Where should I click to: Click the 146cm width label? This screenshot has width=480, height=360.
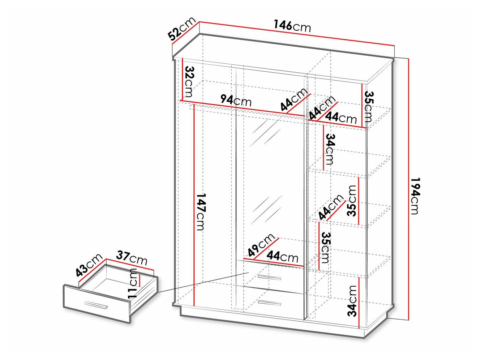click(x=292, y=26)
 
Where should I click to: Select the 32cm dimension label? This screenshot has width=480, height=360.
click(x=189, y=82)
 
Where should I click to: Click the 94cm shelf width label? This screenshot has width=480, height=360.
click(x=236, y=100)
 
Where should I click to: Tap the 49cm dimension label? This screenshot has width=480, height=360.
click(x=261, y=245)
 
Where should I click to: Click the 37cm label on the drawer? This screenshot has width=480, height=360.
click(x=132, y=258)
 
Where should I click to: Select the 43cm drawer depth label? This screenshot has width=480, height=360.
click(x=89, y=265)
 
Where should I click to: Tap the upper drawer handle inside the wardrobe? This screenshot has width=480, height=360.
click(x=269, y=278)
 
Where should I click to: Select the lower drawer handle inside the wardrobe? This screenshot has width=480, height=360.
click(x=269, y=303)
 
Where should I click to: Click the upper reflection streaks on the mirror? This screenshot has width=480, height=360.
click(x=265, y=133)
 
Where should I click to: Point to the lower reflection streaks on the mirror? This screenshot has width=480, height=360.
click(x=267, y=210)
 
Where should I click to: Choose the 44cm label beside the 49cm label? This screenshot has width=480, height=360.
click(x=282, y=257)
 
